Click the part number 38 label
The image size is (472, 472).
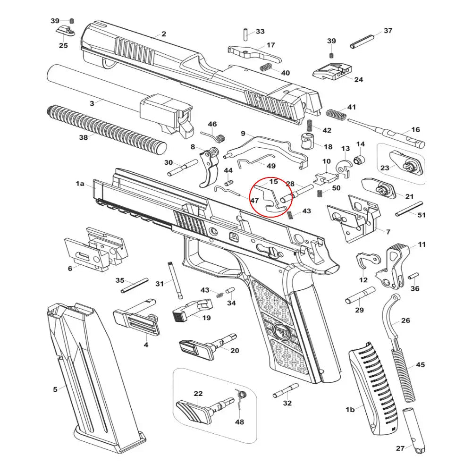click(x=83, y=137)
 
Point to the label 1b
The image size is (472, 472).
click(x=350, y=410)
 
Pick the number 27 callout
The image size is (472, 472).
click(x=400, y=448)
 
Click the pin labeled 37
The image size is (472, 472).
click(x=365, y=39)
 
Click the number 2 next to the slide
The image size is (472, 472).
click(x=164, y=34)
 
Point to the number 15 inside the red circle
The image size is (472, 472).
click(x=274, y=181)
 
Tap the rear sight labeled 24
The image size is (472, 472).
click(x=333, y=70)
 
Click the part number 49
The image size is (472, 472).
click(x=271, y=166)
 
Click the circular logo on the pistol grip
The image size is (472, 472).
click(x=282, y=331)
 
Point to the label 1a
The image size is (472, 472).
click(x=80, y=184)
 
